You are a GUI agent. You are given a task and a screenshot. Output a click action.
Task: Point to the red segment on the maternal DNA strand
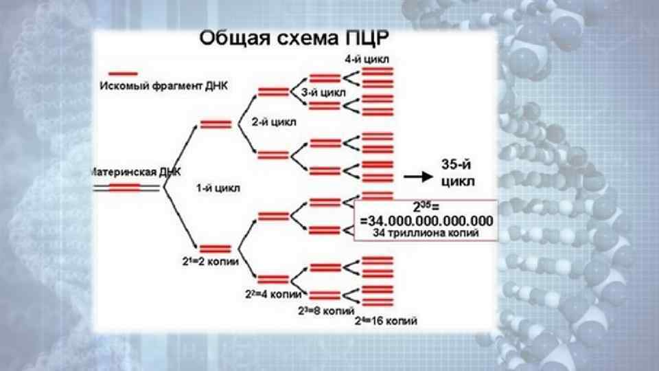point(124,186)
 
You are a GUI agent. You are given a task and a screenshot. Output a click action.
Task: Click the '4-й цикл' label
point(367,59)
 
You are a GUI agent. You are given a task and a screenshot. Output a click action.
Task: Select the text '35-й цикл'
point(457,173)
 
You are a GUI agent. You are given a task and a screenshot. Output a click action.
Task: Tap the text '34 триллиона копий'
point(426,233)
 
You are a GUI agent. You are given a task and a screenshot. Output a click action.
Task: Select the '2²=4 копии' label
point(273,294)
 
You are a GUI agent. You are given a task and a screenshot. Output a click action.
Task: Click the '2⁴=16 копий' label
point(386,321)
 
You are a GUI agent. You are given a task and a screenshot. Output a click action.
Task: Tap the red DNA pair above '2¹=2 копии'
point(216,249)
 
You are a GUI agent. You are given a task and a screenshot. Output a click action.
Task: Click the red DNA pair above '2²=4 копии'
point(273,278)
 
